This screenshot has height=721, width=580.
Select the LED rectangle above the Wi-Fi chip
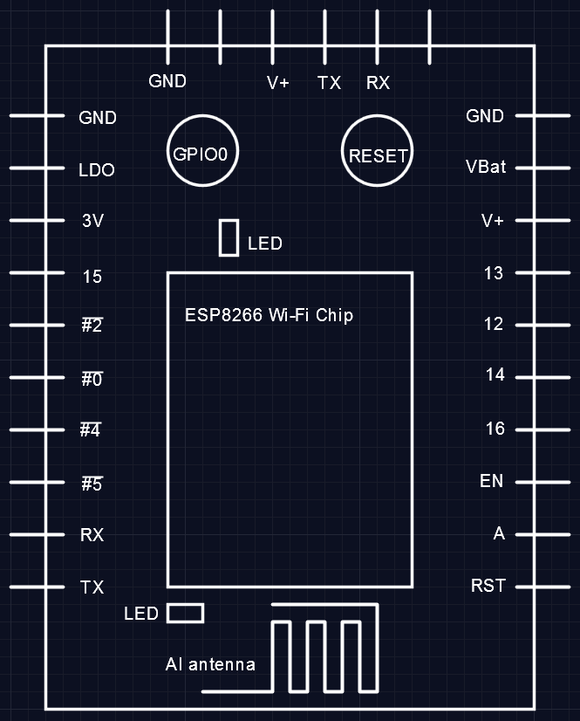pyautogui.click(x=229, y=237)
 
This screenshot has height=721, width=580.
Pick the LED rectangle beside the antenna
pyautogui.click(x=185, y=614)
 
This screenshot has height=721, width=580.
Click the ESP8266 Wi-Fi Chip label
pyautogui.click(x=269, y=315)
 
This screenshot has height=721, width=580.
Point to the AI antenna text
pyautogui.click(x=210, y=665)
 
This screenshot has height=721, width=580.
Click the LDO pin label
pyautogui.click(x=97, y=170)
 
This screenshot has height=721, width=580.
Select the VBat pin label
pyautogui.click(x=486, y=167)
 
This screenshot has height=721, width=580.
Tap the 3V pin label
pyautogui.click(x=92, y=222)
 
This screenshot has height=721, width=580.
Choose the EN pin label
pyautogui.click(x=491, y=481)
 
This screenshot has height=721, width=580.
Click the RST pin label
pyautogui.click(x=488, y=586)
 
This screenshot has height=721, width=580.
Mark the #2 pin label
pyautogui.click(x=92, y=326)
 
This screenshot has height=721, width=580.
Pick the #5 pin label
pyautogui.click(x=92, y=484)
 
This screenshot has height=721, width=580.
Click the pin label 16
pyautogui.click(x=495, y=429)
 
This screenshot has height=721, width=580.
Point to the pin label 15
pyautogui.click(x=92, y=277)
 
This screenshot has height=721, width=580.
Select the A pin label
pyautogui.click(x=499, y=533)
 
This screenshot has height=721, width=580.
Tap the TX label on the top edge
pyautogui.click(x=329, y=83)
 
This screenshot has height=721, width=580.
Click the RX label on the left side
pyautogui.click(x=92, y=535)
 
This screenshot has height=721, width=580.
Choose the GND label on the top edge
pyautogui.click(x=167, y=81)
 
